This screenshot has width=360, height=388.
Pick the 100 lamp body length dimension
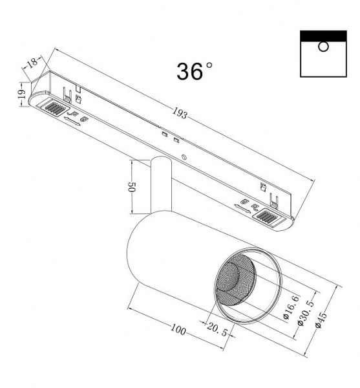pyautogui.click(x=178, y=330)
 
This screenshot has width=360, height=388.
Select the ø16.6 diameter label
pyautogui.click(x=288, y=306)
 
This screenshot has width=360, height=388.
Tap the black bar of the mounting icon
pyautogui.click(x=324, y=35)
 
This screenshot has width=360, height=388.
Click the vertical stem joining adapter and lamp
pyautogui.click(x=161, y=186)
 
